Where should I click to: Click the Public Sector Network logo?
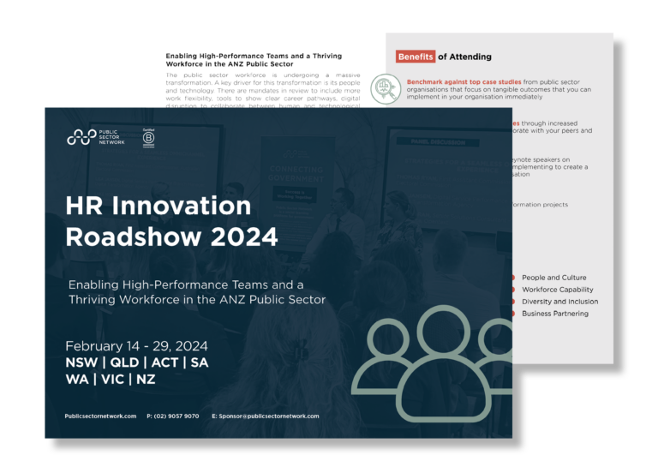95,137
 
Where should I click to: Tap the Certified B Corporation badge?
148,137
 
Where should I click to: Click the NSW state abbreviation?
82,362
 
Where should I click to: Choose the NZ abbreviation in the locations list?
146,380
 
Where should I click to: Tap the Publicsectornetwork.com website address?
100,416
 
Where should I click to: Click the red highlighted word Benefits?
416,57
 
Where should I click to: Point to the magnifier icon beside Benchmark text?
385,88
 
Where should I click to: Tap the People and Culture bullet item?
553,278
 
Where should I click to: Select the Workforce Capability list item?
557,290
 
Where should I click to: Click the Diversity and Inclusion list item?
559,302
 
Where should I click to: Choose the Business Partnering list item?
554,314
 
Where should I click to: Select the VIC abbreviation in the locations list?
111,380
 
